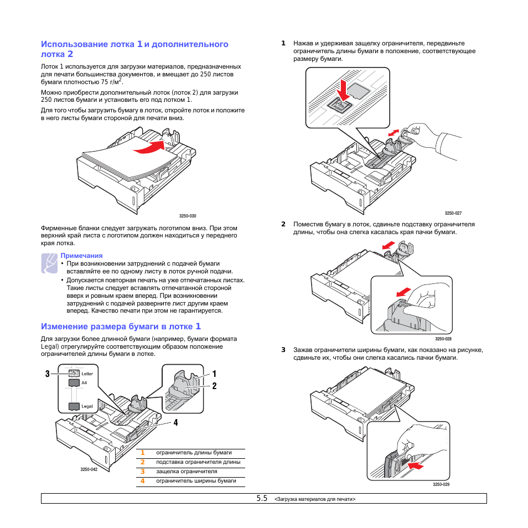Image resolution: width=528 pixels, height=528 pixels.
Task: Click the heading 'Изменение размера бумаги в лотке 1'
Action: coord(121,327)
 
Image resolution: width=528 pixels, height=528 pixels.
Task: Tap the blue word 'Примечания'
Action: coord(81,256)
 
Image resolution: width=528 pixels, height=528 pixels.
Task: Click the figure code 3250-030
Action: coord(188,216)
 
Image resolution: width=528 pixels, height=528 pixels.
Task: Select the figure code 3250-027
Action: coord(453,213)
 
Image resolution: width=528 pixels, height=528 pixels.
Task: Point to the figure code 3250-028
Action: coord(443,339)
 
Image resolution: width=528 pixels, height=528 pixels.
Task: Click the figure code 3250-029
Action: coord(441,485)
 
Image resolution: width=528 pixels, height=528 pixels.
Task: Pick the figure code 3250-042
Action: coord(89,469)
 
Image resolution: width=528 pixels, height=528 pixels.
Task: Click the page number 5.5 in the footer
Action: coord(262,498)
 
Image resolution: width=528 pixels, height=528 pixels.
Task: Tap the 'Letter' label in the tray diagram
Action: coord(87,374)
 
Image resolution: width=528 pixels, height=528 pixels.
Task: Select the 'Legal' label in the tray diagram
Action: coord(87,406)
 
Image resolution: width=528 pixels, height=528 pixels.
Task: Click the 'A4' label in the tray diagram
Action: coord(84,382)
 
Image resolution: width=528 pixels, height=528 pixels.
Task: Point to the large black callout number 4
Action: coord(175,423)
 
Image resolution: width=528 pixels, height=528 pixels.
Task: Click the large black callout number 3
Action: coord(48,374)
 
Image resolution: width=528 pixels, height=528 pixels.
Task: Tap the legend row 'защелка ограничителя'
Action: coord(186,472)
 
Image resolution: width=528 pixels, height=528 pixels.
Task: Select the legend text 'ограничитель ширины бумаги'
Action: coord(196,481)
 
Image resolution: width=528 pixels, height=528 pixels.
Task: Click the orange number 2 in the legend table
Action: coord(142,462)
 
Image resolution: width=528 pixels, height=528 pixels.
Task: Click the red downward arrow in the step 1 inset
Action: coord(344,89)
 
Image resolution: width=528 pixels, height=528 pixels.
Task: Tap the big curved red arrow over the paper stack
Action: coord(149,147)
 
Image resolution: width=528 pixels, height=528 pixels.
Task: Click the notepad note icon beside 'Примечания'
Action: coord(49,262)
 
